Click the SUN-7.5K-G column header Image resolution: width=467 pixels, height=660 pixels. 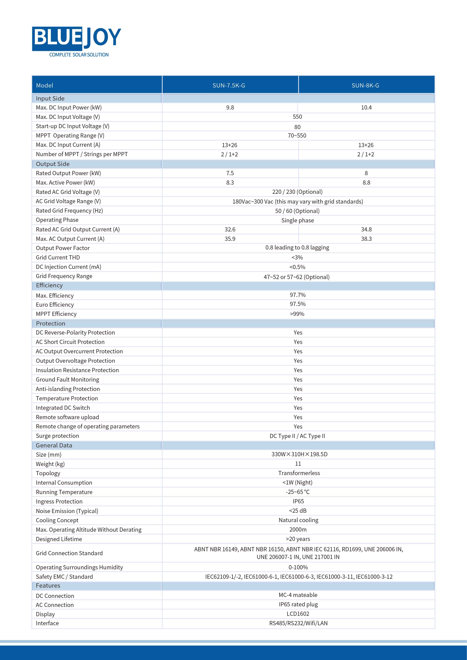tap(229, 85)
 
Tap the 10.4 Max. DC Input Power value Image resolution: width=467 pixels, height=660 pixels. tap(366, 107)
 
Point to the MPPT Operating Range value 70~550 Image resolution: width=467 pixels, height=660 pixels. tap(297, 135)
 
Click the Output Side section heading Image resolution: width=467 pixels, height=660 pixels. tap(53, 164)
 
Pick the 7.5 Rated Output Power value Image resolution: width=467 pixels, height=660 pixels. tap(230, 173)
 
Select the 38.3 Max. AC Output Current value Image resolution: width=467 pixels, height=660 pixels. tap(366, 239)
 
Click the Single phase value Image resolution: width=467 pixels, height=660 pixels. tap(297, 220)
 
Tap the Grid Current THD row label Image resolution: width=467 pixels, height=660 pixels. tap(58, 257)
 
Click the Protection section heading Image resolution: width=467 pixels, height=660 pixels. tap(51, 323)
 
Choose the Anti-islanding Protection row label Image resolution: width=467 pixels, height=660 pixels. tap(68, 389)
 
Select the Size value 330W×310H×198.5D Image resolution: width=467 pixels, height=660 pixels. tap(299, 454)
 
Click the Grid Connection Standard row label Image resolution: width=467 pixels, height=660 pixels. tap(69, 553)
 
